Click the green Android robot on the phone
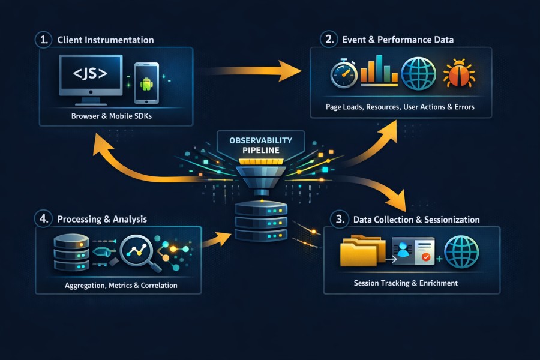click(x=146, y=83)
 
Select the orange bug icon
click(x=459, y=74)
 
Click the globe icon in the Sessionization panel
click(x=461, y=251)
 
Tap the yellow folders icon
click(x=361, y=251)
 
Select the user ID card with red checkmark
click(x=413, y=251)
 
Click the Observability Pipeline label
click(x=261, y=145)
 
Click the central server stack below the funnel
click(x=262, y=221)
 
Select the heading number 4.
click(x=43, y=218)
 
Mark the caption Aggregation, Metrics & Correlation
click(x=121, y=285)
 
